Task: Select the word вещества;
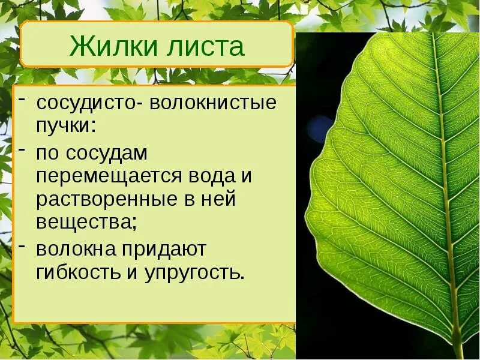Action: click(x=86, y=223)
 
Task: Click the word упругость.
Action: click(x=194, y=272)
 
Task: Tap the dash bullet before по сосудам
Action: click(x=22, y=148)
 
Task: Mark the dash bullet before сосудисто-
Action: click(x=22, y=98)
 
